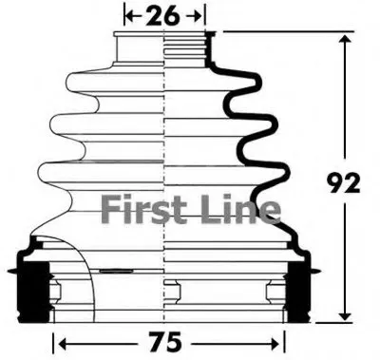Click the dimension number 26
(162, 15)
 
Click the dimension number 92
(344, 182)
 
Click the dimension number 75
(165, 342)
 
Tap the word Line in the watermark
(241, 209)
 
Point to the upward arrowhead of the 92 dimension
(345, 40)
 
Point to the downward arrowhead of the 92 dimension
(345, 315)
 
